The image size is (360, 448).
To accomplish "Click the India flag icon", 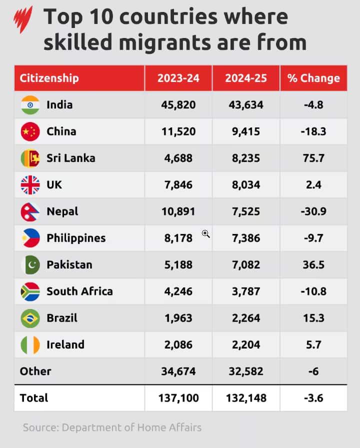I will tap(30, 105).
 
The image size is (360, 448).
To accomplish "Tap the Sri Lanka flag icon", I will tap(30, 158).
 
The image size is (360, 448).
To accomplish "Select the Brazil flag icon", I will tap(30, 318).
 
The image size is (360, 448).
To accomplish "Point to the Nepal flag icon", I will tap(30, 212).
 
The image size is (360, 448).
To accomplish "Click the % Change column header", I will tap(313, 78).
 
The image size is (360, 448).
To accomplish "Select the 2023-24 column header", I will tap(178, 78).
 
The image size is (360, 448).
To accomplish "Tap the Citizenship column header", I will tap(49, 78).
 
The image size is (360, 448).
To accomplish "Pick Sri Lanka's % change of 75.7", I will tap(313, 158).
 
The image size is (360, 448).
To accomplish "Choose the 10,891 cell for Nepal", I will tap(178, 211).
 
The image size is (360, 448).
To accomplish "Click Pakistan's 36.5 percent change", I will tap(313, 265).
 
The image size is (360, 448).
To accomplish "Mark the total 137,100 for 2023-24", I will tap(178, 398).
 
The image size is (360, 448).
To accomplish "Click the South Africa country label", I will tap(79, 291).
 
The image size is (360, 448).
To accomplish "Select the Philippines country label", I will tap(76, 238).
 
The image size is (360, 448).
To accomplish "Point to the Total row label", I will tap(34, 398).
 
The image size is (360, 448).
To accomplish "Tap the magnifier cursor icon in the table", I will tap(205, 234).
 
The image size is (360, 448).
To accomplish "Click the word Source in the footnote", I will tap(39, 427).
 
